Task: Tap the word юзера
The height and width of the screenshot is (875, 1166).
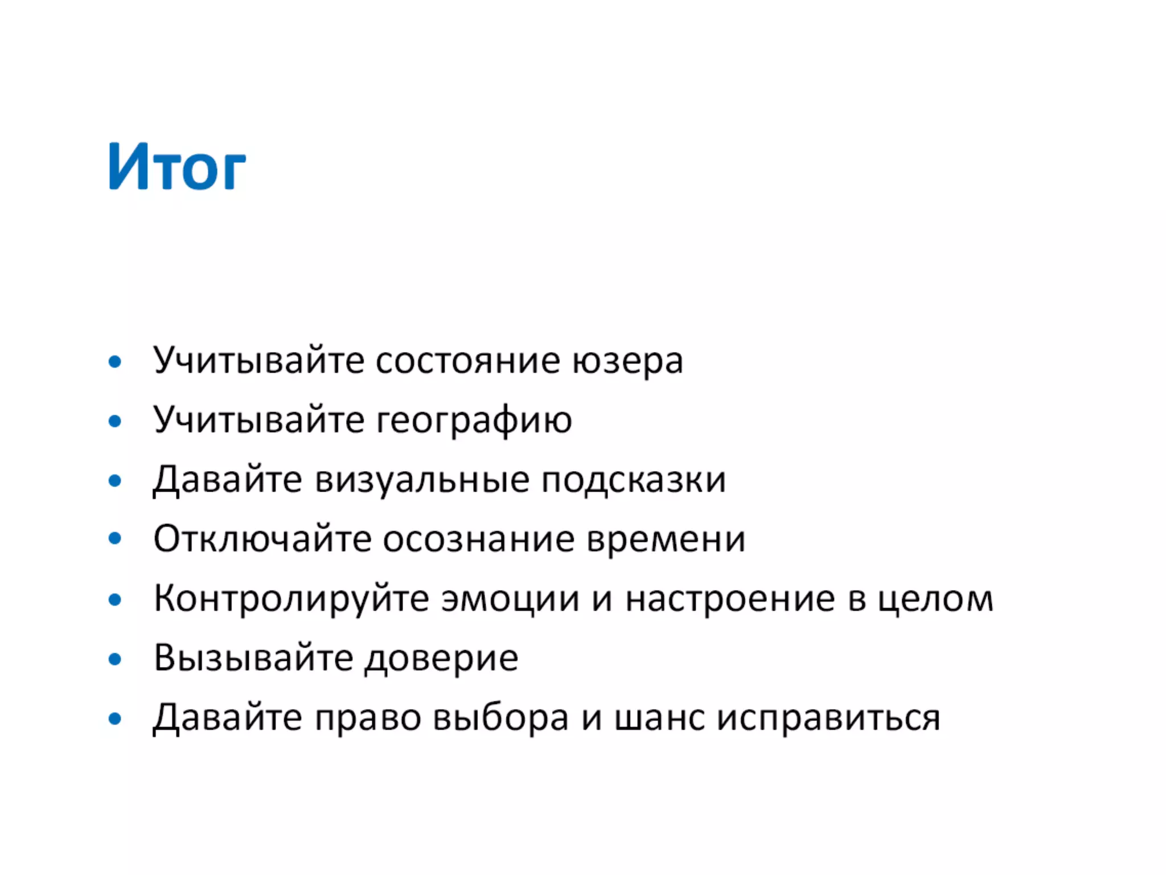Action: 627,361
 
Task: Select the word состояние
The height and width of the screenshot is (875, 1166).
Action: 467,361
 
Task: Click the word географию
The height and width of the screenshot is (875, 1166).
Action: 474,421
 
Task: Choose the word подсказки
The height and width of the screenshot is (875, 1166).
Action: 633,480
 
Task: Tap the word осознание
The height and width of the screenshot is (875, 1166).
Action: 478,539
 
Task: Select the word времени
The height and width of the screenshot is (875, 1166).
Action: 666,539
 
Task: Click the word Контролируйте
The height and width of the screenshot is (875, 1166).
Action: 291,599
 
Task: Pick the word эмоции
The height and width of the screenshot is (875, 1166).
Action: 510,599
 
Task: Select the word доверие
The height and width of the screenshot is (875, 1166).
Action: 442,658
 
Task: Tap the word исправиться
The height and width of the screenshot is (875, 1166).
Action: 828,717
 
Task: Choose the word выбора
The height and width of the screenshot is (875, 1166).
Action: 500,717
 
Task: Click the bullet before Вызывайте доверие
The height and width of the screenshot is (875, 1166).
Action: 115,659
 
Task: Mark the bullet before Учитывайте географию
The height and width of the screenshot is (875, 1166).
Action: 115,422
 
